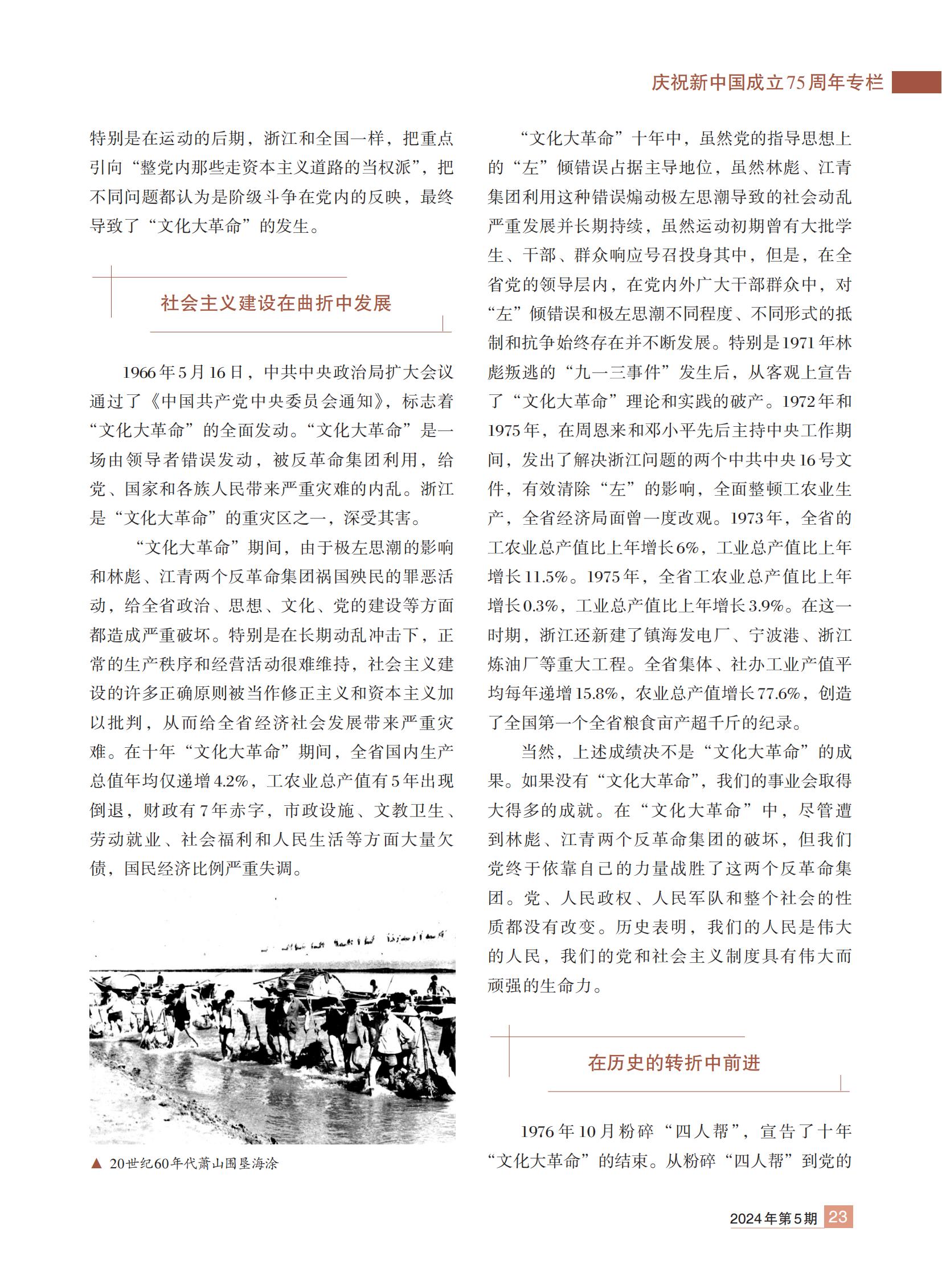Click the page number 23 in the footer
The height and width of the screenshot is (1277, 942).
click(838, 1217)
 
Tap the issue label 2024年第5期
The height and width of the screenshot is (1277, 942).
click(773, 1218)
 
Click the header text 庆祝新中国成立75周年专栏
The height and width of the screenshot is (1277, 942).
click(767, 83)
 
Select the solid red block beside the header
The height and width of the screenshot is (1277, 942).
click(916, 82)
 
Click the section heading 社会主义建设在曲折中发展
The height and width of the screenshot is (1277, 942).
click(276, 303)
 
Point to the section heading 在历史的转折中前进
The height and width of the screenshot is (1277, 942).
click(674, 1062)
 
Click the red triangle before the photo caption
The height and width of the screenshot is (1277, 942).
click(96, 1164)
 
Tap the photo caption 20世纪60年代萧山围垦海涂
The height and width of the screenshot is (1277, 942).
click(194, 1164)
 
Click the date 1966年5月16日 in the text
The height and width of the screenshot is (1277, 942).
click(183, 373)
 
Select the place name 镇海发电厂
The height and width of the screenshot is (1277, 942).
click(687, 635)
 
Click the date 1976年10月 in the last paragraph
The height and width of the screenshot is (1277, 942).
click(566, 1131)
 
